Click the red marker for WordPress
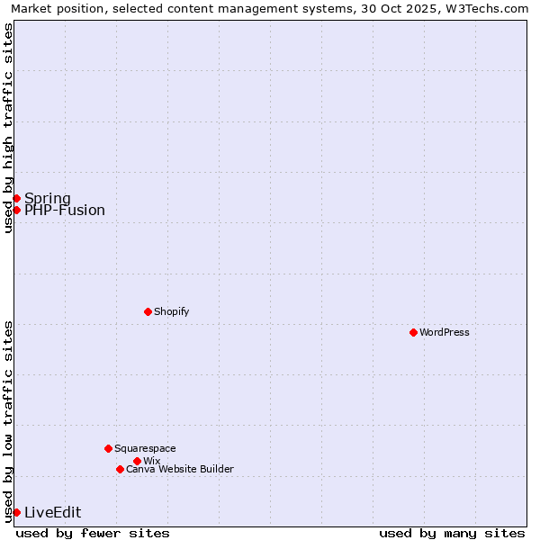[x=413, y=332]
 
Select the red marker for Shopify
[x=148, y=311]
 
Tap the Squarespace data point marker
[x=108, y=448]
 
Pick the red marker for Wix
[x=137, y=461]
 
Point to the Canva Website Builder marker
[x=120, y=469]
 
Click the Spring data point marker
[x=16, y=198]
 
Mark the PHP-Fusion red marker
[x=16, y=210]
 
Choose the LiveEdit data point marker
[x=16, y=512]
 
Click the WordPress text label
[x=445, y=332]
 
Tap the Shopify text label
[x=171, y=311]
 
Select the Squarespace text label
[x=145, y=448]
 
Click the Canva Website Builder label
[x=180, y=469]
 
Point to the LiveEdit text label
[x=52, y=512]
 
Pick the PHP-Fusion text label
[x=65, y=211]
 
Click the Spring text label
[x=48, y=198]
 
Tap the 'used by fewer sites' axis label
[x=93, y=533]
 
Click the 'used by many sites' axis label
[x=452, y=533]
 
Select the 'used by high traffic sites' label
[x=8, y=128]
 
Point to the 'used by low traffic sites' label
[x=8, y=421]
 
